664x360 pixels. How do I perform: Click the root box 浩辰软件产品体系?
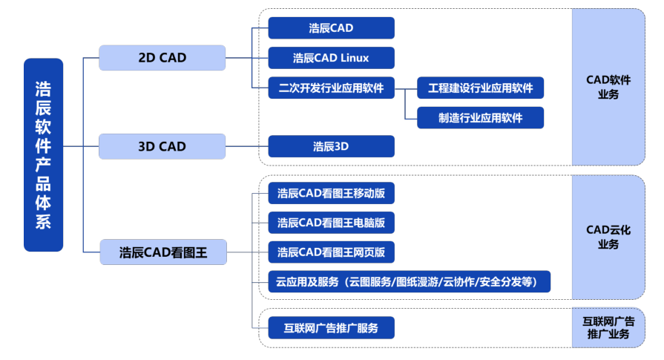43,155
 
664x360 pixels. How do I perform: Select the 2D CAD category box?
162,58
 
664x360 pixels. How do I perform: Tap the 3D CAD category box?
162,146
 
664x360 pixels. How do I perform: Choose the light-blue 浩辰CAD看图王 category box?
163,252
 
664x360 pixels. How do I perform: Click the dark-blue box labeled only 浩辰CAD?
331,28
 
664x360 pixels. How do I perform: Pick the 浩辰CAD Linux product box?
331,58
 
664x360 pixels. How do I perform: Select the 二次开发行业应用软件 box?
331,88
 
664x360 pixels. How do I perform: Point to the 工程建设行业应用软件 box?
480,88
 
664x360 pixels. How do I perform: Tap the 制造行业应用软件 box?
480,118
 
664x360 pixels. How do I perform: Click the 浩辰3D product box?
331,146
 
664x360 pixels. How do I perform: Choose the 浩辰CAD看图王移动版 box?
331,193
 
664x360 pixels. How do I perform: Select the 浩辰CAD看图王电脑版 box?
331,223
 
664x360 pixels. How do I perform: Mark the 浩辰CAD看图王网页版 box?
331,252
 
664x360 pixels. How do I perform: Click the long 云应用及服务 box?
409,281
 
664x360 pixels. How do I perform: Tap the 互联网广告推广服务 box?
331,328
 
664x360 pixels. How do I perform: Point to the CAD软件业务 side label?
608,87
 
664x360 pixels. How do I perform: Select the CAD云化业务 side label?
608,238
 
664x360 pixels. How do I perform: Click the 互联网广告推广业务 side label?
608,328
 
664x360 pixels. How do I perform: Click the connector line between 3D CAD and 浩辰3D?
247,146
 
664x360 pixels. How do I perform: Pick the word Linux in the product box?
355,58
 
